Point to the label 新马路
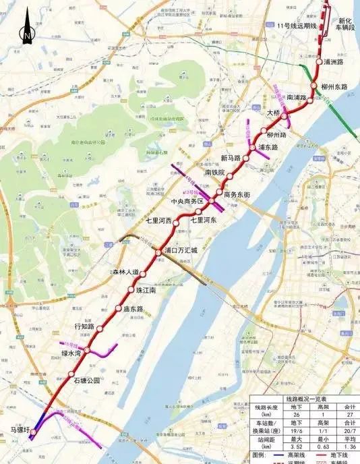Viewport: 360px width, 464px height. tap(231, 158)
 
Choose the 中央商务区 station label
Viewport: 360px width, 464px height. tap(187, 201)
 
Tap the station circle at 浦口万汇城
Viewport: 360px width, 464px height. tap(159, 252)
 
